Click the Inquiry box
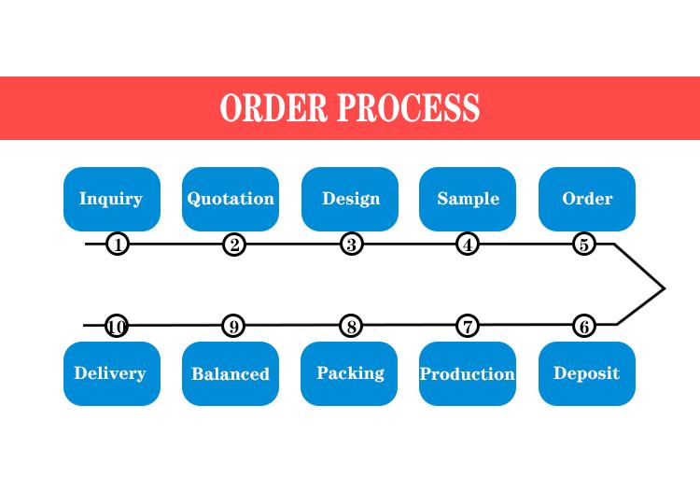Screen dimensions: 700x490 pos(112,199)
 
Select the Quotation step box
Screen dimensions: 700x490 pos(231,199)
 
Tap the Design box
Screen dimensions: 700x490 pos(350,199)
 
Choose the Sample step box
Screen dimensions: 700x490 pos(468,199)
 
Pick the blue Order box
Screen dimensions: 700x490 pos(587,199)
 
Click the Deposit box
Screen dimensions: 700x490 pos(587,374)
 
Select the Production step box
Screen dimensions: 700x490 pos(468,374)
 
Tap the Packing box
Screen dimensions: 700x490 pos(349,374)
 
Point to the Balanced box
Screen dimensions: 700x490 pos(231,374)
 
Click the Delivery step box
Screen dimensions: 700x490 pos(112,374)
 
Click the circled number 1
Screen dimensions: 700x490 pos(118,245)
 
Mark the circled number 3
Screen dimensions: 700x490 pos(351,245)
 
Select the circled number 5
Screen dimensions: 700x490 pos(584,245)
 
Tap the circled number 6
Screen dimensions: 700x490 pos(584,327)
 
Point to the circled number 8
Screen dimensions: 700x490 pos(351,327)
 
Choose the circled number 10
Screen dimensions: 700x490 pos(116,327)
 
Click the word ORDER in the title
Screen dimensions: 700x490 pos(273,107)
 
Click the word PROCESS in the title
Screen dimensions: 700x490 pos(409,107)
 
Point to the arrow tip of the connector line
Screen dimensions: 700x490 pos(665,288)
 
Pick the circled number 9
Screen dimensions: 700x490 pos(233,327)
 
